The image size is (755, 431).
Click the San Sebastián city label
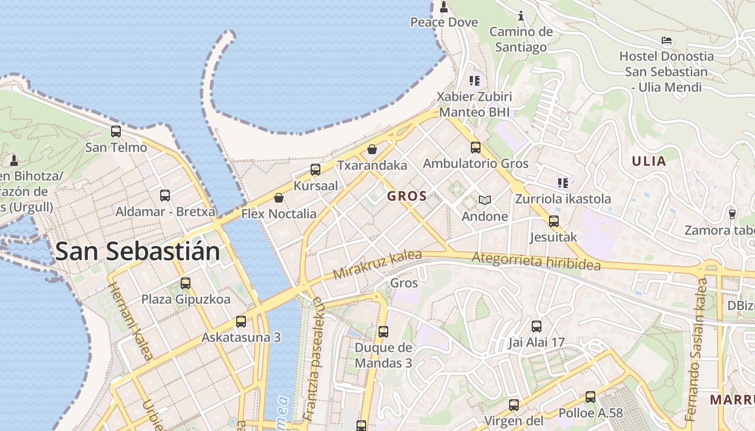tap(138, 252)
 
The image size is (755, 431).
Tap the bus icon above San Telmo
tap(116, 131)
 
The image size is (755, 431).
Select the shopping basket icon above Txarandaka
tap(372, 149)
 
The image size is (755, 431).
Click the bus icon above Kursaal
tap(315, 170)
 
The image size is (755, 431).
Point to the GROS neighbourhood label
tap(407, 196)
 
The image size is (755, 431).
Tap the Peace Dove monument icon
tap(444, 7)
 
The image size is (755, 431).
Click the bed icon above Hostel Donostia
tap(667, 40)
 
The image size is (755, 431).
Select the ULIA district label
tap(649, 161)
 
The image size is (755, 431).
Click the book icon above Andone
tap(485, 200)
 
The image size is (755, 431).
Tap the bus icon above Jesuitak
tap(553, 221)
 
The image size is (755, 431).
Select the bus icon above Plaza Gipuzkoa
tap(186, 283)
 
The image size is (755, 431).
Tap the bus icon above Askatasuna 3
tap(241, 322)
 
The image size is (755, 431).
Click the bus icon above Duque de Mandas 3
tap(383, 332)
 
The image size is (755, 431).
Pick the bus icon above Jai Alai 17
tap(536, 326)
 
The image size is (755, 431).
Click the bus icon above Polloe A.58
tap(591, 397)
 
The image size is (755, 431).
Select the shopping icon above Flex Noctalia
tap(279, 198)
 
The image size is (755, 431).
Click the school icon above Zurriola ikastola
tap(563, 183)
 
